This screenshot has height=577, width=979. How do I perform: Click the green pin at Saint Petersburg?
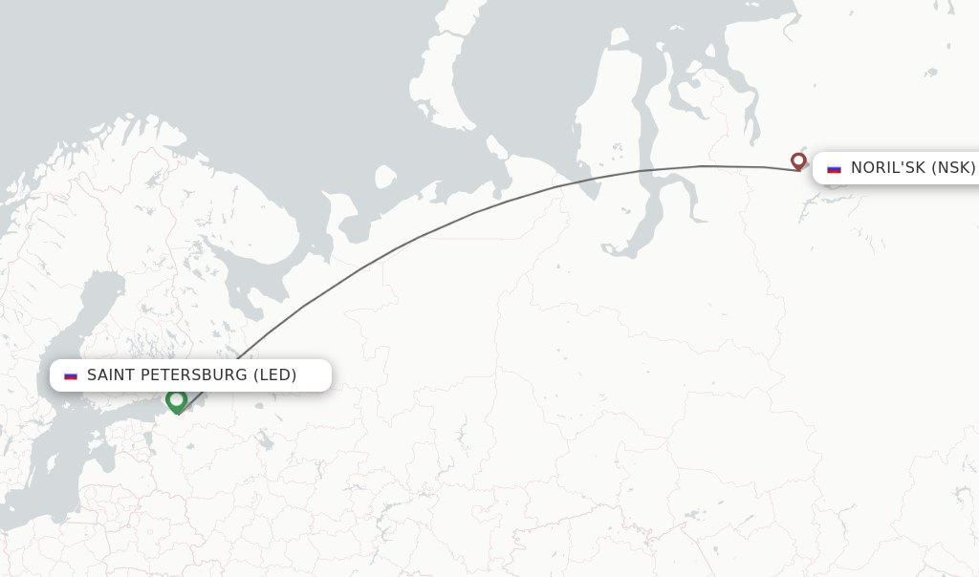[x=176, y=399]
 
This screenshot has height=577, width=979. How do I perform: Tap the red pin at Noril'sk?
[x=798, y=160]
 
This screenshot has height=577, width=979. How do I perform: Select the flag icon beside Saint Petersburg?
[x=71, y=375]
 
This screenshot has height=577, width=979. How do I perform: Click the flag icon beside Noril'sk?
[x=834, y=168]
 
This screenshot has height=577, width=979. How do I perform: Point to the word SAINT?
[x=111, y=375]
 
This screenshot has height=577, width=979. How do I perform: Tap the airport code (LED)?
[x=274, y=375]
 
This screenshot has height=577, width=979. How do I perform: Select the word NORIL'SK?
[x=888, y=168]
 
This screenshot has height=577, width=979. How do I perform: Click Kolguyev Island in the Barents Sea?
[x=385, y=177]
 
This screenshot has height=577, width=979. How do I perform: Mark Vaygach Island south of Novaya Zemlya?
[x=497, y=148]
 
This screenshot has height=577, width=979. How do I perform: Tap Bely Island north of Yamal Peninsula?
[x=619, y=39]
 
